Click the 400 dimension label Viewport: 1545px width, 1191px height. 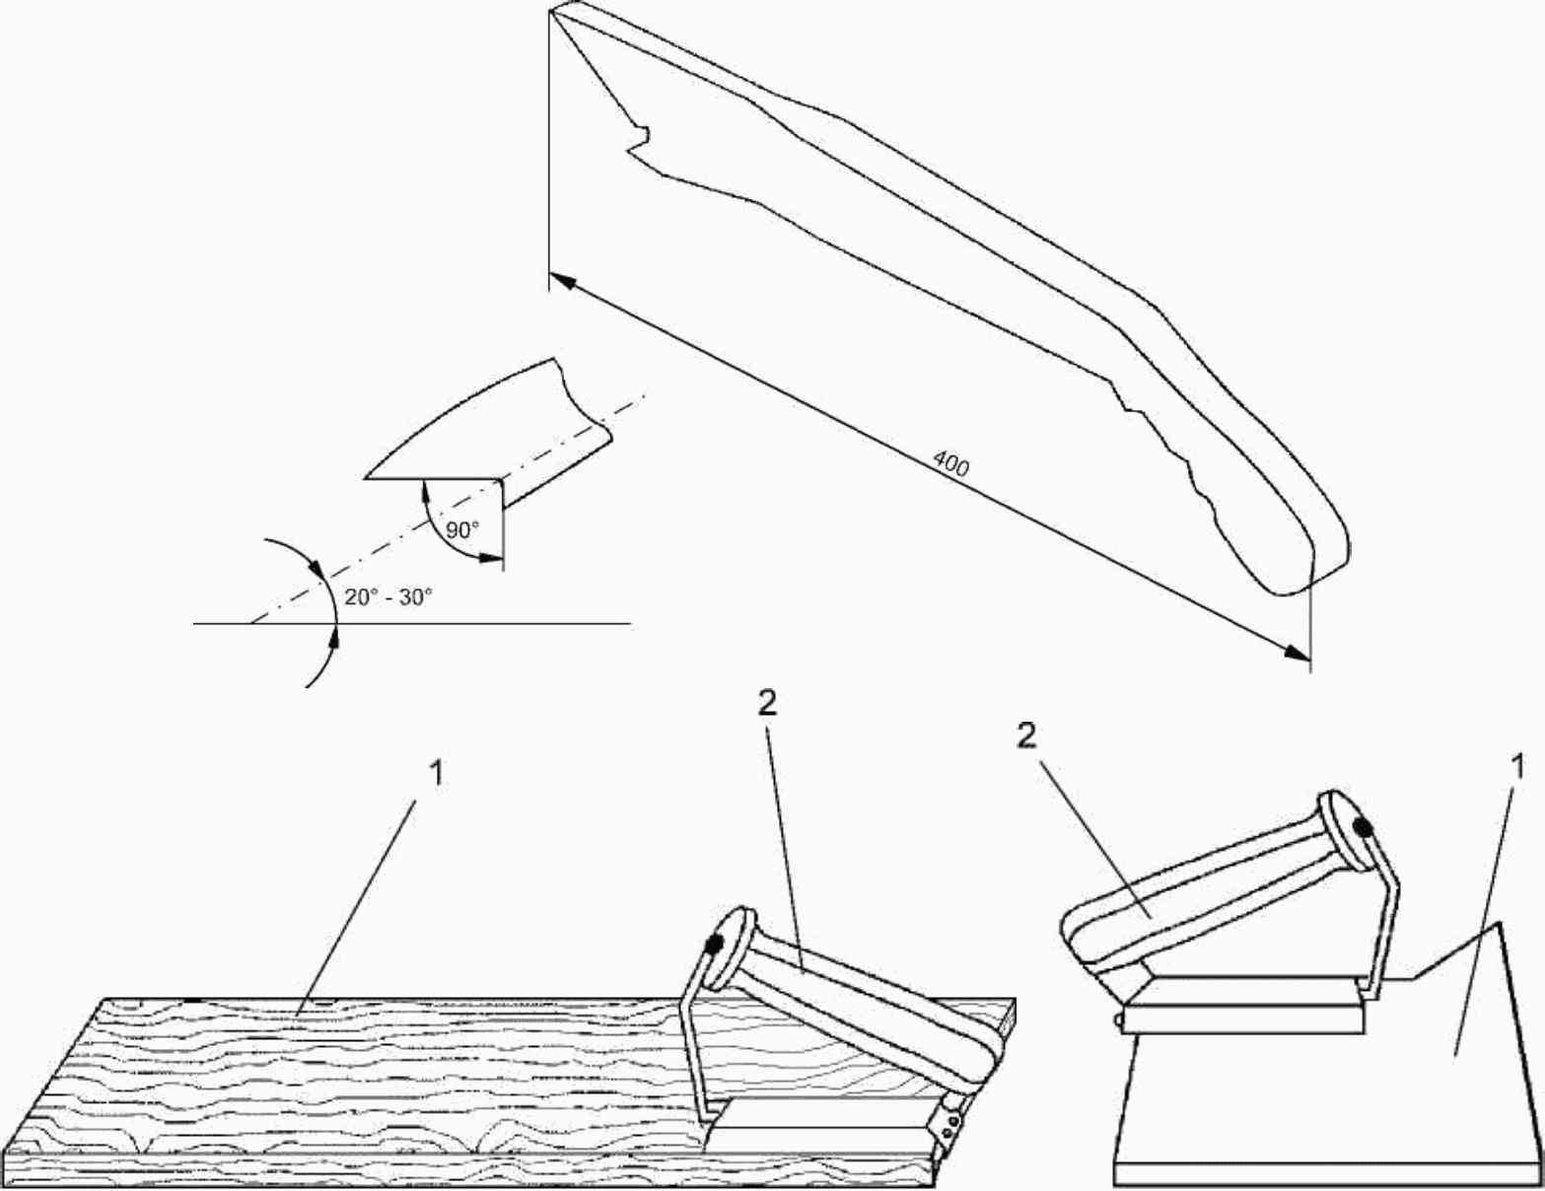(x=949, y=463)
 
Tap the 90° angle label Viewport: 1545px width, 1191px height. (x=462, y=529)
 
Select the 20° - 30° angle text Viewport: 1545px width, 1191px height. (x=388, y=596)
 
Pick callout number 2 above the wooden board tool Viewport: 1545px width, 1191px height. (x=767, y=703)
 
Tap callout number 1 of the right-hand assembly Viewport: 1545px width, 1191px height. (x=1515, y=766)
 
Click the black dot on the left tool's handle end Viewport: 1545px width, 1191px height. (x=715, y=943)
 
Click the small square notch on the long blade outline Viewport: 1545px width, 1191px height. (x=639, y=139)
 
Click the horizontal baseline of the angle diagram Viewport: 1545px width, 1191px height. (x=412, y=623)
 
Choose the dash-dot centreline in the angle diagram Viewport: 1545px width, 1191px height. (x=447, y=508)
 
